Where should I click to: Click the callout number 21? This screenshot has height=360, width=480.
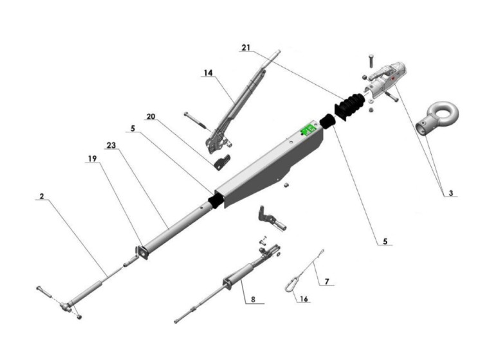pos(246,48)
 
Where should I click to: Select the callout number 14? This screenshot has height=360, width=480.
pos(208,73)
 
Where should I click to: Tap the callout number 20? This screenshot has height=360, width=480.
pos(151,116)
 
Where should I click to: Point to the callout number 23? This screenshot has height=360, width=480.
pos(111,145)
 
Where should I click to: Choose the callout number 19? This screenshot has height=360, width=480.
pos(92,159)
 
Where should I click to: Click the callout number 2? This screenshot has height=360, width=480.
pos(42,196)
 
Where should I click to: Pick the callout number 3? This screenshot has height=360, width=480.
pos(451,193)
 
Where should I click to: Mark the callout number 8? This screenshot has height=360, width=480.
pos(253,300)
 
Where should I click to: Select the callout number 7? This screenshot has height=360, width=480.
pos(327,282)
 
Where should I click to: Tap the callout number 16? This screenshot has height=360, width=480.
pos(304,298)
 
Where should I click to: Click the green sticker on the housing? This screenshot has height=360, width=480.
pos(308,130)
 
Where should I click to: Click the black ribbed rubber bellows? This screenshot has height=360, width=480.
pos(351,105)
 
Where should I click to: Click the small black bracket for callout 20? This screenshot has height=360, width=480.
pos(222,163)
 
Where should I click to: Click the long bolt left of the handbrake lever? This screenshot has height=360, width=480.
pos(196,121)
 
